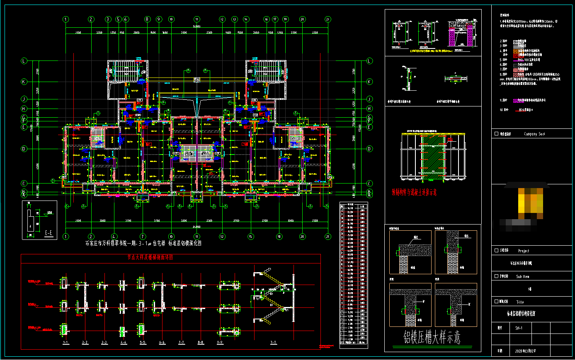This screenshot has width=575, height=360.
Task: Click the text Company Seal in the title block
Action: [534, 134]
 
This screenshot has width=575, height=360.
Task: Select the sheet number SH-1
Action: [519, 328]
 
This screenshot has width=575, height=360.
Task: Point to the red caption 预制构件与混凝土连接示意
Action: [414, 192]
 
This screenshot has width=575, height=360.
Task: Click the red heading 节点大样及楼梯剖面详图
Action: [150, 257]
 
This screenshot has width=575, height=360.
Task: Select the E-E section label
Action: [49, 233]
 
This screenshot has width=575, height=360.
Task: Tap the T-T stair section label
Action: [274, 343]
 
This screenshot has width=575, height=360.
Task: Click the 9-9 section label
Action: [220, 343]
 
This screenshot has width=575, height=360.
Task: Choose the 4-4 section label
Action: [123, 343]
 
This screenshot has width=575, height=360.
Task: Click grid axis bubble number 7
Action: [143, 237]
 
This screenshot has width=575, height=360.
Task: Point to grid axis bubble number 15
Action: [250, 237]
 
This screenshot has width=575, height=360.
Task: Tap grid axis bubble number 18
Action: [279, 237]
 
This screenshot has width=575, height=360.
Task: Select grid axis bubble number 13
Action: [234, 19]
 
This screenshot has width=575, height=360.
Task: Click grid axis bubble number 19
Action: [285, 19]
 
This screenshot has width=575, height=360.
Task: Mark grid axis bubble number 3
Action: [108, 19]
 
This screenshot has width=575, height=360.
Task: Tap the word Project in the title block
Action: [523, 251]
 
